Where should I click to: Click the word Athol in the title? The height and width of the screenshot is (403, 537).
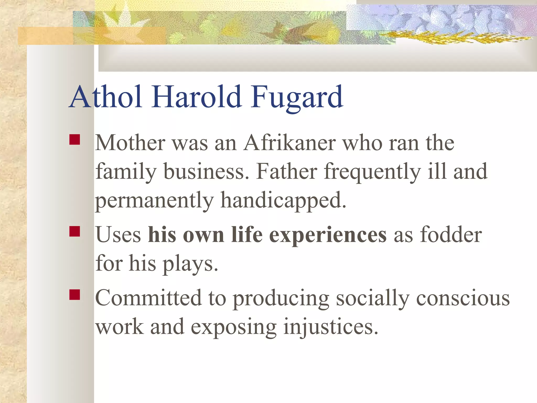click(x=106, y=97)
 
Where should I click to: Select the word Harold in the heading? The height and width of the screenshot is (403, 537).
click(x=197, y=97)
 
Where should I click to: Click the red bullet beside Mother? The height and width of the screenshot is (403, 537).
click(x=75, y=140)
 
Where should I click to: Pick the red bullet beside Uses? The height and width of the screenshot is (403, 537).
click(x=75, y=231)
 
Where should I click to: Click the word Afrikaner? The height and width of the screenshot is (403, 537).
click(x=289, y=143)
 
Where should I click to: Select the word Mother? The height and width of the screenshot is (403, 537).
click(x=130, y=143)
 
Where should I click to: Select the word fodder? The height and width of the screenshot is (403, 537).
click(x=451, y=235)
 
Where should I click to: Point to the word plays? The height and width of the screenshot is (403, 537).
click(x=190, y=264)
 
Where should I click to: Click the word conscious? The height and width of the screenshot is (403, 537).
click(x=463, y=299)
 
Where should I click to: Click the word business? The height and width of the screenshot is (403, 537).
click(x=206, y=172)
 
